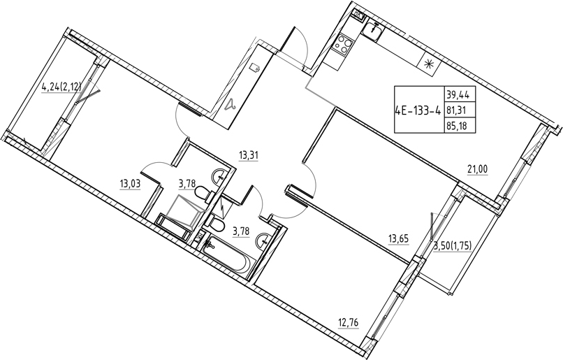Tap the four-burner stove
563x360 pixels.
(x=343, y=45)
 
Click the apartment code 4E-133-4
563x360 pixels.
(x=418, y=110)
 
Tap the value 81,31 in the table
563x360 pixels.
(x=456, y=110)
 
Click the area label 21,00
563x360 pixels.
(x=477, y=169)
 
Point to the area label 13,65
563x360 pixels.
(x=398, y=238)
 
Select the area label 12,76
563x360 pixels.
(x=349, y=322)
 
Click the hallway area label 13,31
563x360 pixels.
(x=249, y=156)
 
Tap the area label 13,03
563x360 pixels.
(x=130, y=185)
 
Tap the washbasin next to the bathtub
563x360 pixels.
(x=263, y=240)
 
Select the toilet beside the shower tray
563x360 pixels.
(x=204, y=192)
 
